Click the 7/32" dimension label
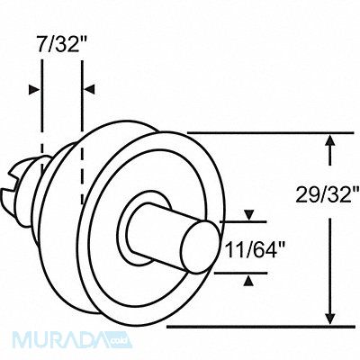tap(60, 43)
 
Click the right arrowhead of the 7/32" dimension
tap(87, 89)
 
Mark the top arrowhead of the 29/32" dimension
tap(331, 140)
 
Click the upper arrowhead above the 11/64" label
tap(249, 216)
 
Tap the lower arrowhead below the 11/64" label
tap(249, 279)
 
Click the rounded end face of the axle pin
tap(194, 247)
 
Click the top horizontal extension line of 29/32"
tap(261, 131)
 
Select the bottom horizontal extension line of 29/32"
tap(261, 328)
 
